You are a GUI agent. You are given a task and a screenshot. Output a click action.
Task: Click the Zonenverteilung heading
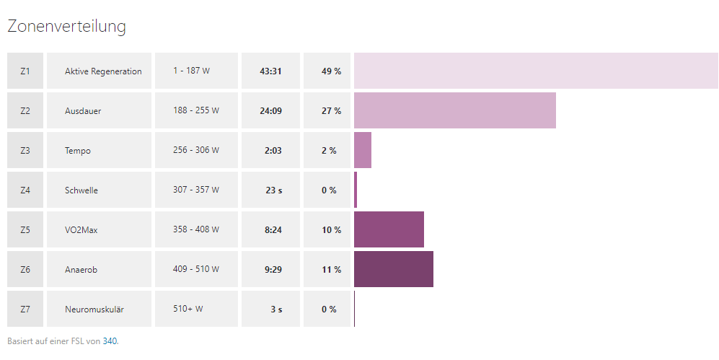pyautogui.click(x=66, y=27)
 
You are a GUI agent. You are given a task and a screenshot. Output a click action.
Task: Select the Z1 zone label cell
pyautogui.click(x=25, y=71)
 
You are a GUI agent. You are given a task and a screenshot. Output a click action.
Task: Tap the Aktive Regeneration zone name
pyautogui.click(x=103, y=71)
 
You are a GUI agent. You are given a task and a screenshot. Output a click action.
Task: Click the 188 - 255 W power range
pyautogui.click(x=196, y=111)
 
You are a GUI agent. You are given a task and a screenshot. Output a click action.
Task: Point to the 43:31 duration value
pyautogui.click(x=270, y=71)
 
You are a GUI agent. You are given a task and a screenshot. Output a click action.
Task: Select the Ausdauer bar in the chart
pyautogui.click(x=454, y=110)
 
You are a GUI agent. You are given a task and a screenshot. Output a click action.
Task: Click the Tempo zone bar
pyautogui.click(x=363, y=150)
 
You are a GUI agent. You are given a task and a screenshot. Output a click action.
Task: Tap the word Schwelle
pyautogui.click(x=81, y=190)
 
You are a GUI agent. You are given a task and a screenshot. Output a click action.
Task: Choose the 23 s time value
pyautogui.click(x=273, y=190)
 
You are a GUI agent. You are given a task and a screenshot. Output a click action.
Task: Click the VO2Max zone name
pyautogui.click(x=81, y=230)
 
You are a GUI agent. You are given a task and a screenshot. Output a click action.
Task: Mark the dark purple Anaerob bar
pyautogui.click(x=394, y=269)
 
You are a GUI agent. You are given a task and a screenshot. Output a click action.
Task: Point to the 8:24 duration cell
pyautogui.click(x=273, y=230)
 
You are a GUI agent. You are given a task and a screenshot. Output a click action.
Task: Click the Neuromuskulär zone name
pyautogui.click(x=94, y=309)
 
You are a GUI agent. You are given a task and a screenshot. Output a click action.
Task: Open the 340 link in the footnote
pyautogui.click(x=110, y=341)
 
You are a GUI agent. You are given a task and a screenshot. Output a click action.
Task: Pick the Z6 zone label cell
pyautogui.click(x=25, y=270)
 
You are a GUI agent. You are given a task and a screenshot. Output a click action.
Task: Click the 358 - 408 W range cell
pyautogui.click(x=196, y=230)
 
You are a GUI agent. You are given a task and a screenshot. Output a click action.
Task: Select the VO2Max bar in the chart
pyautogui.click(x=389, y=229)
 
